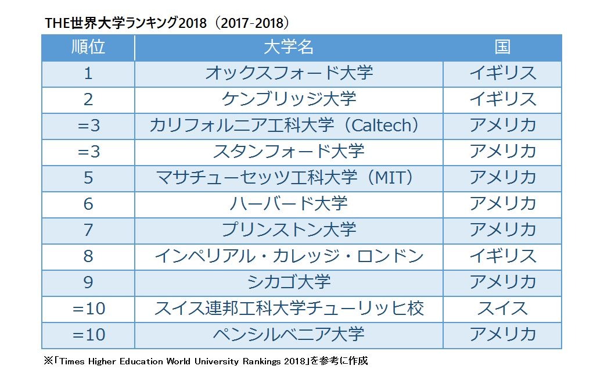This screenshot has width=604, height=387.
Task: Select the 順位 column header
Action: coord(88,48)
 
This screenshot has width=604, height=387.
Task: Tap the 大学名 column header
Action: coord(289,48)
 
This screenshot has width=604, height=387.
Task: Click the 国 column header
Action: coord(502,48)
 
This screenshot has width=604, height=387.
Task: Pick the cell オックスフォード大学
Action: coord(289,73)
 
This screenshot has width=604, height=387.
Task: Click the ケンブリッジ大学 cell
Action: coord(289,99)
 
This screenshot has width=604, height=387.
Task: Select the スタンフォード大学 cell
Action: coord(289,152)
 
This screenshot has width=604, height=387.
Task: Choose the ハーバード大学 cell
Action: coord(289,203)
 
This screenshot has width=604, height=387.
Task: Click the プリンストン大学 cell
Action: coord(289,230)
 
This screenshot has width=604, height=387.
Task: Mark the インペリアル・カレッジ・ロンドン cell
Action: coord(289,256)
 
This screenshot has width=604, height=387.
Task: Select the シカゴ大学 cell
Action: coord(289,282)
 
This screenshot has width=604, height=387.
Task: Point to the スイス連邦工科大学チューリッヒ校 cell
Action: coord(289,308)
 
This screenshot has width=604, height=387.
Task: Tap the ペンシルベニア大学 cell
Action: coord(289,334)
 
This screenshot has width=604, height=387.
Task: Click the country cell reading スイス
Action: coord(502,308)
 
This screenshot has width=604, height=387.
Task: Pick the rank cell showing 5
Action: coord(88,178)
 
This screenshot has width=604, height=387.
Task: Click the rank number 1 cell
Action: coord(88,73)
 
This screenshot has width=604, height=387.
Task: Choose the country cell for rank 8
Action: coord(502,256)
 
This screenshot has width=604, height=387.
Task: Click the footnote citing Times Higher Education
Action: coord(206,361)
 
